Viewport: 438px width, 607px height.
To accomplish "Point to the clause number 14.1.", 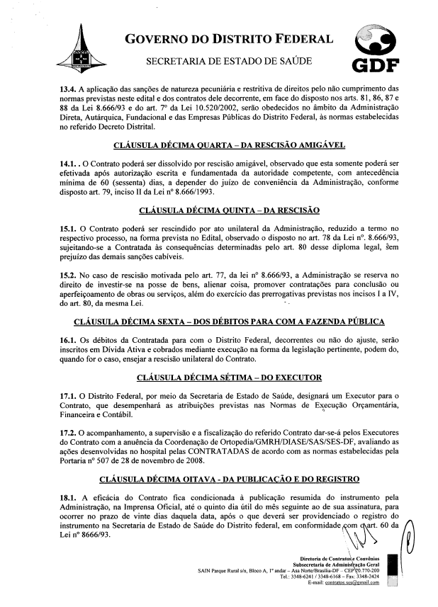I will click(70, 164).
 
